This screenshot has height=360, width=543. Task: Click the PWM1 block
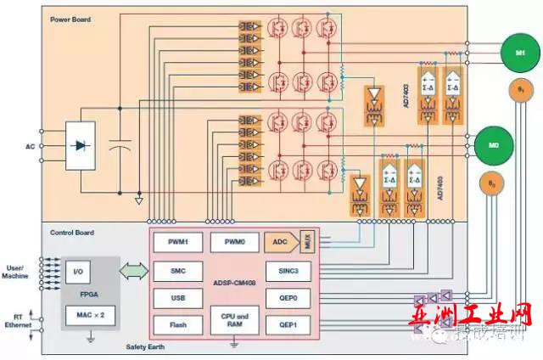(x=177, y=242)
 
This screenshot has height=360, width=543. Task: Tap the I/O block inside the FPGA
(x=78, y=273)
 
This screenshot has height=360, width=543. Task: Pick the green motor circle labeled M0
(x=492, y=144)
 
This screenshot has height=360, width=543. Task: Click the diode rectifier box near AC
(x=82, y=145)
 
